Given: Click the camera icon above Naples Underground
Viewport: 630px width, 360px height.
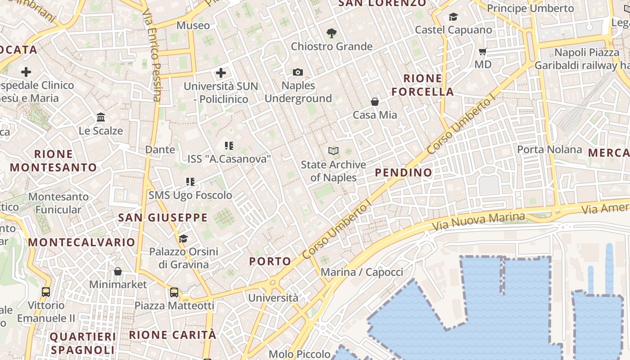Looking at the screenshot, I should click(297, 72).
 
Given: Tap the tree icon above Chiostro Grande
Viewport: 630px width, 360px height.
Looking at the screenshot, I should click(332, 33).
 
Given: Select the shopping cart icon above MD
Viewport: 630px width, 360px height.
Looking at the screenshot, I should click(483, 51).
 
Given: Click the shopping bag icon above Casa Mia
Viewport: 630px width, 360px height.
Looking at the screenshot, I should click(374, 102).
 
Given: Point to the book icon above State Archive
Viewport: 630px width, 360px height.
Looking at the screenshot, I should click(333, 151).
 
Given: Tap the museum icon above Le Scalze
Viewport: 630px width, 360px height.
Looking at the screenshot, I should click(101, 117).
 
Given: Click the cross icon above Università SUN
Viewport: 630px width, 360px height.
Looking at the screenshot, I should click(221, 72).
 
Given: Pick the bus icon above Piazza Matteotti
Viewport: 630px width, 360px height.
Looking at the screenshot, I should click(174, 292).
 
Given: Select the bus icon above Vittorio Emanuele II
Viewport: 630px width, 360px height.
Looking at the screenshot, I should click(46, 292).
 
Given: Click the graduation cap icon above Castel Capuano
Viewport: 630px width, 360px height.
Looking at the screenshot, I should click(453, 17).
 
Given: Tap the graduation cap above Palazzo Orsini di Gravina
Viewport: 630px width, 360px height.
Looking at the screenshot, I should click(183, 238).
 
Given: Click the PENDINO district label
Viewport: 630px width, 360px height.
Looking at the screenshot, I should click(403, 172).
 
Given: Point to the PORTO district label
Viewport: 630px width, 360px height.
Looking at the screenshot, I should click(270, 261).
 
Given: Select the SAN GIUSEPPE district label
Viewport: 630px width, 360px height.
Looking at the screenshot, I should click(163, 218).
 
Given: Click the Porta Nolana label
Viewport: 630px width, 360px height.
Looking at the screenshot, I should click(549, 149).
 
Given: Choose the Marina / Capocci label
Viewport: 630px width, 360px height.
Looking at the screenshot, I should click(362, 272).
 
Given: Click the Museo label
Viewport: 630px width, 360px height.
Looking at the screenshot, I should click(193, 26).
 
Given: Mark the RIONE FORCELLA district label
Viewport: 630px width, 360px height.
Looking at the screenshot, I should click(422, 85).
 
